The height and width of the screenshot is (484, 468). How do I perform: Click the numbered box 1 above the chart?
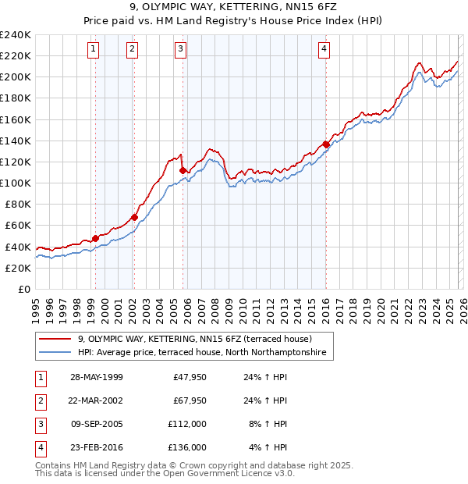click(93, 49)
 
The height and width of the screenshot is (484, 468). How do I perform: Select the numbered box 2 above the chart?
click(132, 49)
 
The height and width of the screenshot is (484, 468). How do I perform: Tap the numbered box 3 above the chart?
click(180, 49)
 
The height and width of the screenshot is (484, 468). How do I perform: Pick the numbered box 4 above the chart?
click(323, 49)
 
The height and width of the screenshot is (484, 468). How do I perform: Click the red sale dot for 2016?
click(325, 144)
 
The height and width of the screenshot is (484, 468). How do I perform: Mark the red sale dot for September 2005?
click(183, 170)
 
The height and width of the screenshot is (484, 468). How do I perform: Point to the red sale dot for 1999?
click(96, 238)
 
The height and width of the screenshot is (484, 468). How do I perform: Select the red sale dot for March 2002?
click(134, 217)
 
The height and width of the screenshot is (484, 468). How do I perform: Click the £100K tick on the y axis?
click(16, 183)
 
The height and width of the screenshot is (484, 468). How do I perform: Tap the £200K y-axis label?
click(16, 77)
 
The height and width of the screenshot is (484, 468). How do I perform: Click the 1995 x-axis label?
click(36, 308)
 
